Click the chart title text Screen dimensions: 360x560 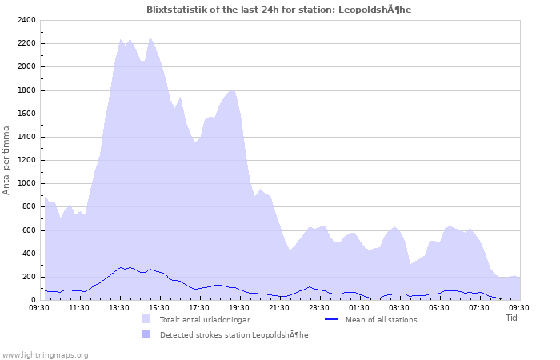(x=279, y=10)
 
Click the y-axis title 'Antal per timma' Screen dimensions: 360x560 (x=6, y=160)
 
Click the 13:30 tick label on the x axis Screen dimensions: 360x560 (x=119, y=306)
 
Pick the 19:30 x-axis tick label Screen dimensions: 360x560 (x=239, y=306)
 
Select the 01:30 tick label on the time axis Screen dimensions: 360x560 (x=359, y=306)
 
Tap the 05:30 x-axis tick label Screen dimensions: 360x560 (x=439, y=306)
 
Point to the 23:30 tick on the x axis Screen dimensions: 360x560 (x=319, y=306)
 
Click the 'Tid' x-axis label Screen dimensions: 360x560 (x=512, y=318)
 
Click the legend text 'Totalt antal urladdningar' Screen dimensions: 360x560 (x=205, y=319)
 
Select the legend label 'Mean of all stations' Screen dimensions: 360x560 (x=381, y=319)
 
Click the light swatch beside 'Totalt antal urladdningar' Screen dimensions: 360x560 (x=146, y=319)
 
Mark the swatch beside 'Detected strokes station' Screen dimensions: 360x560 (x=146, y=334)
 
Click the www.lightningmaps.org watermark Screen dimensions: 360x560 (x=45, y=354)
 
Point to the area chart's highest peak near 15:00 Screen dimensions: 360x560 (x=150, y=37)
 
